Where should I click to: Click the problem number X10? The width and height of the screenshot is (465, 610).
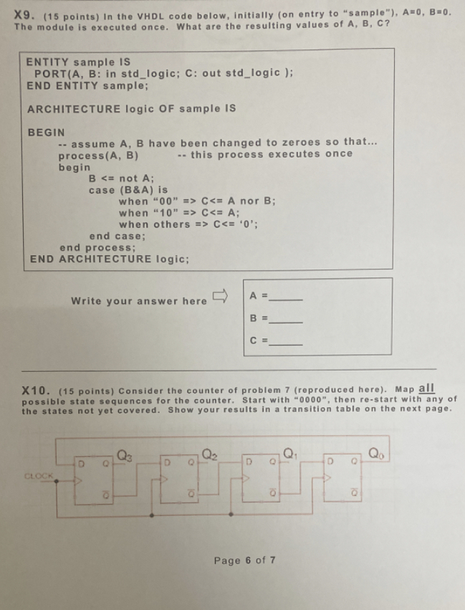(36, 391)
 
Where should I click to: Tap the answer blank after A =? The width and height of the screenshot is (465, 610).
(286, 300)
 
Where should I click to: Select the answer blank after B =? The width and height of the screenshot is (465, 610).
(286, 322)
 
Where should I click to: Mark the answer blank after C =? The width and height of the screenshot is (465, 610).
(286, 344)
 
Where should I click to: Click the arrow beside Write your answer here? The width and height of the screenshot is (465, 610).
(220, 296)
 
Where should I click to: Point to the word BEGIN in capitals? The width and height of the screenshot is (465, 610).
(47, 133)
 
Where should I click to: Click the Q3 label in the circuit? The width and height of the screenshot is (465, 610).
(125, 454)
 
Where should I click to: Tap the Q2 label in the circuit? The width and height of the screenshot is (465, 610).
(209, 454)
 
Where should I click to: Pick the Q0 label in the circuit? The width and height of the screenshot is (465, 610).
(375, 453)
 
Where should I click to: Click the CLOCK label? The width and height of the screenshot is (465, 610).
(39, 476)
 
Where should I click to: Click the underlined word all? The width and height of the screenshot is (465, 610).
(426, 389)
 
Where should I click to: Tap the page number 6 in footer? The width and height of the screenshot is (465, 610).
(248, 561)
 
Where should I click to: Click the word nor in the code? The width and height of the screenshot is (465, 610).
(249, 201)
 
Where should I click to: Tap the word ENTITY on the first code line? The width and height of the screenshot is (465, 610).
(47, 62)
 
